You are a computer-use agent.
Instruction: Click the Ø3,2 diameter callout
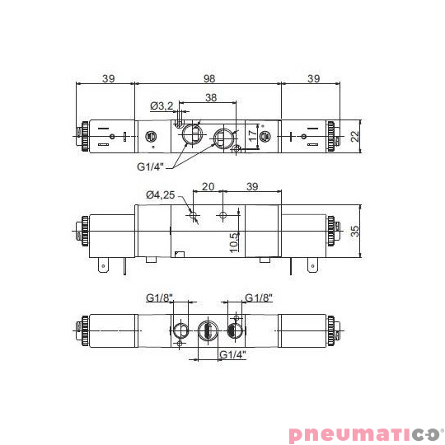(162, 105)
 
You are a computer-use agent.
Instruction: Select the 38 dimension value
(210, 98)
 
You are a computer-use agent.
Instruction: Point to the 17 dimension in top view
(252, 134)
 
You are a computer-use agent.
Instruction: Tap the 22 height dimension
(355, 136)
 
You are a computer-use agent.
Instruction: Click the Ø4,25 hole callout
(160, 194)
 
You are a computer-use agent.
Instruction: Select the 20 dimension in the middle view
(208, 187)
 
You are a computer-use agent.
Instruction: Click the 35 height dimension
(355, 231)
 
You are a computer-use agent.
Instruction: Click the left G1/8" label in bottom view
(159, 297)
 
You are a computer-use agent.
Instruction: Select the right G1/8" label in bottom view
(258, 297)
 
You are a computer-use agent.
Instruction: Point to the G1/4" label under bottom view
(234, 354)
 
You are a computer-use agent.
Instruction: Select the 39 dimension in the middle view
(252, 187)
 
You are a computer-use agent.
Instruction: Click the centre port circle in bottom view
(206, 330)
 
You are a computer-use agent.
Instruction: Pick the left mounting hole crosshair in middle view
(193, 216)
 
